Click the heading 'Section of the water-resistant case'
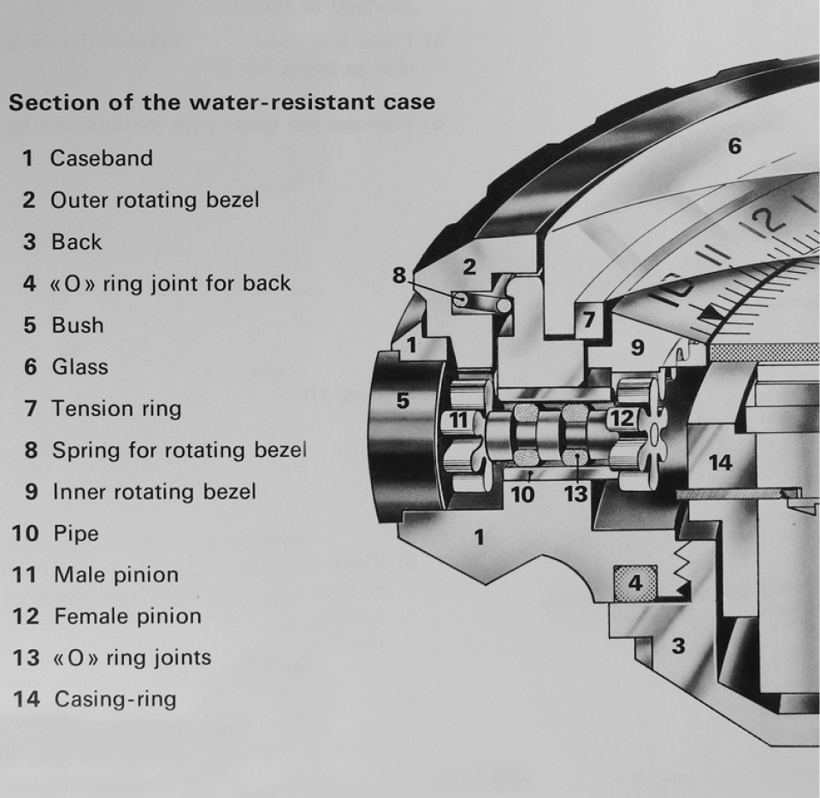(x=221, y=103)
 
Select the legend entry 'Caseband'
(x=101, y=158)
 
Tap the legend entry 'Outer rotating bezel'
(x=154, y=200)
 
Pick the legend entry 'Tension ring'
(x=116, y=409)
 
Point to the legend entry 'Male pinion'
(x=115, y=575)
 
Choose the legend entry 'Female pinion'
(x=127, y=616)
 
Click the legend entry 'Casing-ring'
(x=115, y=700)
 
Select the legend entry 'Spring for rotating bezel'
(x=179, y=450)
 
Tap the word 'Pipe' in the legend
(x=76, y=534)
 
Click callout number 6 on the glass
(x=734, y=146)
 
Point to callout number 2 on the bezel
(x=469, y=268)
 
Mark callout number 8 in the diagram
(x=399, y=275)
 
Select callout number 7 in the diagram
(x=589, y=320)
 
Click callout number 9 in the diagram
(x=637, y=347)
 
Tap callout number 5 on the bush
(x=403, y=399)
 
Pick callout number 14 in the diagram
(x=721, y=463)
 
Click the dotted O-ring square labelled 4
(x=634, y=583)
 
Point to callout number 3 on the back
(x=678, y=646)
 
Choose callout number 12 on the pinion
(x=622, y=418)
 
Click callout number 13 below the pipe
(x=575, y=494)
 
